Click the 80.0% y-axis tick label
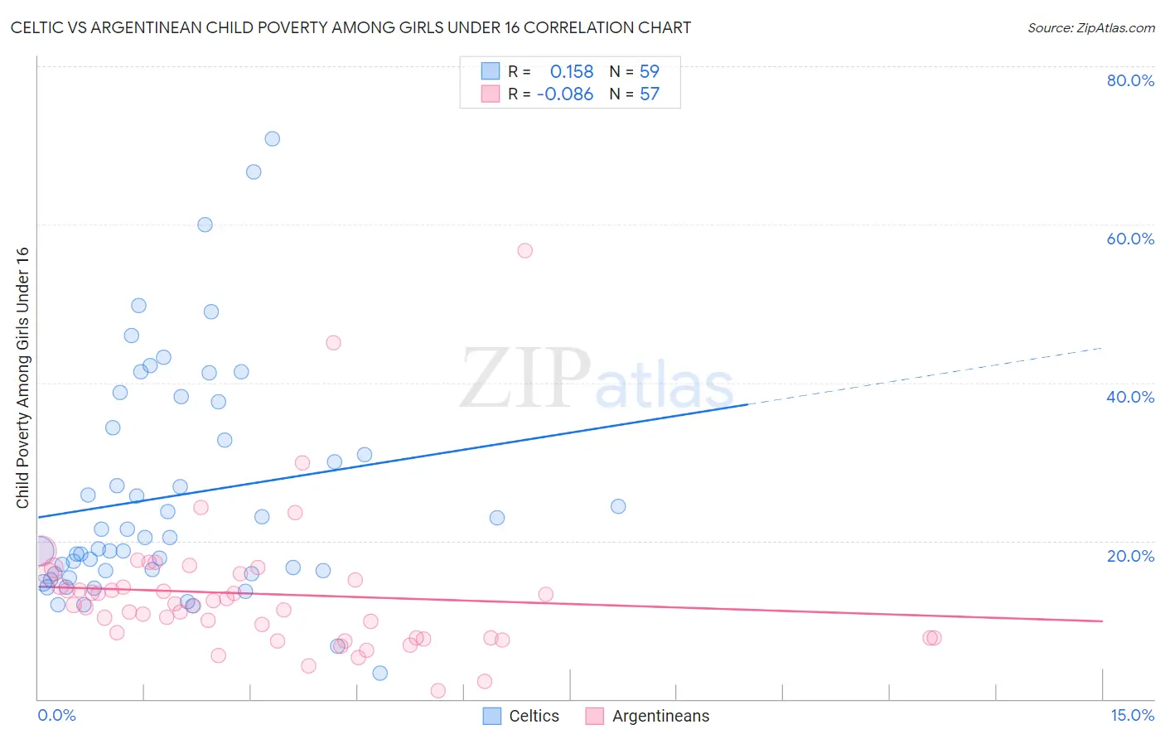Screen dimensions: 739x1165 [1130, 80]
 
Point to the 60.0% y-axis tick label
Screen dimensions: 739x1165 [1130, 239]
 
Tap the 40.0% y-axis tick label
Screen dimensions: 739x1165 [1130, 397]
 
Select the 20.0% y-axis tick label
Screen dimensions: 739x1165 [1130, 555]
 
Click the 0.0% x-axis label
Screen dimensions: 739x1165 [56, 715]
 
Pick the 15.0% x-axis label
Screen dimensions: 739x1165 [1132, 715]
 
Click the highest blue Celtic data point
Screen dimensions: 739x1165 [272, 138]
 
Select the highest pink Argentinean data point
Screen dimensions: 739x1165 [524, 250]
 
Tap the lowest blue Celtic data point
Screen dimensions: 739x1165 [379, 673]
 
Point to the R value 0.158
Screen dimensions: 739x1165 [572, 72]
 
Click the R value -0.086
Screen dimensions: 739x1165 [565, 94]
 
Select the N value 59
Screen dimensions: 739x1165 [649, 72]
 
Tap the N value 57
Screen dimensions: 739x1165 [649, 94]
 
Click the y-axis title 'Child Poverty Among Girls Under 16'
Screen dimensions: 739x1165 [22, 377]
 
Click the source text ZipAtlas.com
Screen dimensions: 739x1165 [1090, 28]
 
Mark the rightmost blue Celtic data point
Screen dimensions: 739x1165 [618, 506]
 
